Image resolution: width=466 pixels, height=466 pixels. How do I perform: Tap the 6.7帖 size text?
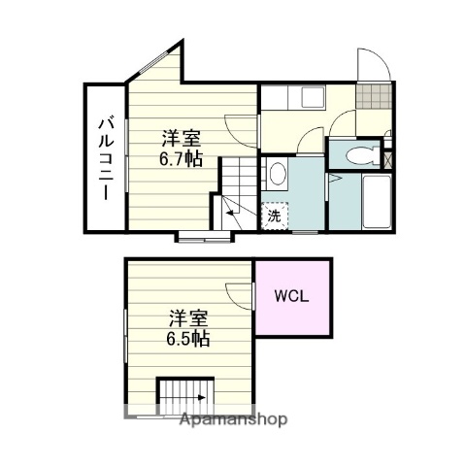coord(181,158)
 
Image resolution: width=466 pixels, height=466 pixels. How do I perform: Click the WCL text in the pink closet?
coord(291,297)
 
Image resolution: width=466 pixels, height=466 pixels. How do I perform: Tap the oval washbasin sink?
coord(277,175)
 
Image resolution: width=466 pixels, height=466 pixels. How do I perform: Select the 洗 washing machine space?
coord(274,216)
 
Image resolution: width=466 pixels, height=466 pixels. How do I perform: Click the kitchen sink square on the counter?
coord(313,97)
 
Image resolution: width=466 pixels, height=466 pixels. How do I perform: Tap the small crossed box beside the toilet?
coord(388,152)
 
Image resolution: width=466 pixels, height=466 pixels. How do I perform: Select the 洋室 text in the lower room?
coord(187,317)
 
